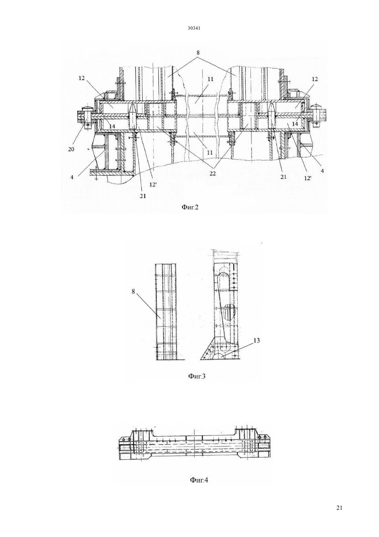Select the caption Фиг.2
(190, 207)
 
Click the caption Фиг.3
(197, 376)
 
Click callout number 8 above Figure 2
(198, 52)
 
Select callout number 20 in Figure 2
(71, 149)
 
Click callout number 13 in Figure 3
(256, 340)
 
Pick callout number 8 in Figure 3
(133, 292)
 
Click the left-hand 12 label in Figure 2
(82, 78)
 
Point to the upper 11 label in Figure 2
(211, 79)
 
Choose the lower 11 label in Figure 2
(210, 152)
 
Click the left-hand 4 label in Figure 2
(72, 178)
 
